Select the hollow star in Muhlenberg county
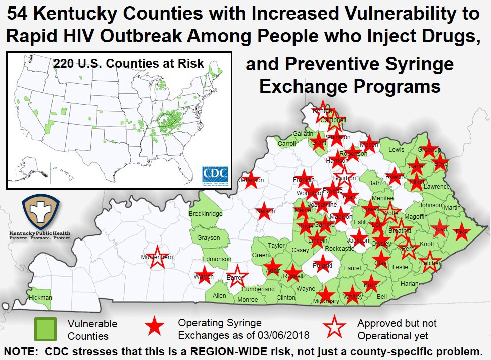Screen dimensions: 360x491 click(x=157, y=257)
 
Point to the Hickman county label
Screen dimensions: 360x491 click(x=40, y=298)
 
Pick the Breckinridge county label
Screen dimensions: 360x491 click(x=206, y=214)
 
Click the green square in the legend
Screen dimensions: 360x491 click(x=46, y=329)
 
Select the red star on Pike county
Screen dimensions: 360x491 click(x=461, y=232)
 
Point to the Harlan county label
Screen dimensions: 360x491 click(x=410, y=284)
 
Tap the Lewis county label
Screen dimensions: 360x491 click(x=396, y=149)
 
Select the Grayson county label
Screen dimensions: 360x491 click(x=208, y=237)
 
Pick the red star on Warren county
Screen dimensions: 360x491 click(x=204, y=276)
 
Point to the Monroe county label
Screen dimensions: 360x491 click(x=247, y=300)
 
